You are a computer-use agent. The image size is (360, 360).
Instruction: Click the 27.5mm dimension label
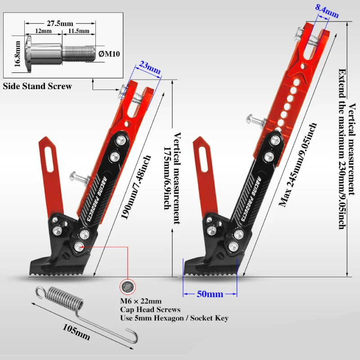[x=60, y=23]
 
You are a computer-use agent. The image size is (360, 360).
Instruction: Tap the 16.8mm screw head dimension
[x=18, y=54]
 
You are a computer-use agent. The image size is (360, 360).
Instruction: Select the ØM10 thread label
[x=109, y=54]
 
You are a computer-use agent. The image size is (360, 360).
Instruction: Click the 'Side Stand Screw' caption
[x=37, y=86]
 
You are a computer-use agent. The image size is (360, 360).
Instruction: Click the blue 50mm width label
[x=210, y=294]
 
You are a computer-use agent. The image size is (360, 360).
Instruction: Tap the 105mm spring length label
[x=76, y=332]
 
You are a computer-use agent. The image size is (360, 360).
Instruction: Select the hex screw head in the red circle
[x=128, y=286]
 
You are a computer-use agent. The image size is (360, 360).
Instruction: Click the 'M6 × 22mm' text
[x=141, y=301]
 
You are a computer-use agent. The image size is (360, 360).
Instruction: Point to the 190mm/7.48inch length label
[x=136, y=187]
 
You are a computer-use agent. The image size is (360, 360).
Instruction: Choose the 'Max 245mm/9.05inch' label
[x=298, y=165]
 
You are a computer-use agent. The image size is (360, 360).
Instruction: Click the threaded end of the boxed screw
[x=78, y=54]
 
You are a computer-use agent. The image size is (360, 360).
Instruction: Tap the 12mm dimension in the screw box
[x=43, y=31]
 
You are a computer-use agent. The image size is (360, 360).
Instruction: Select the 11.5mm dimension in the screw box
[x=79, y=31]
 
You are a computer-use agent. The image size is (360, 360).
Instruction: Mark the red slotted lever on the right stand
[x=205, y=177]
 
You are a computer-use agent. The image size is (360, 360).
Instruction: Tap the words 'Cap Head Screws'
[x=150, y=310]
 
